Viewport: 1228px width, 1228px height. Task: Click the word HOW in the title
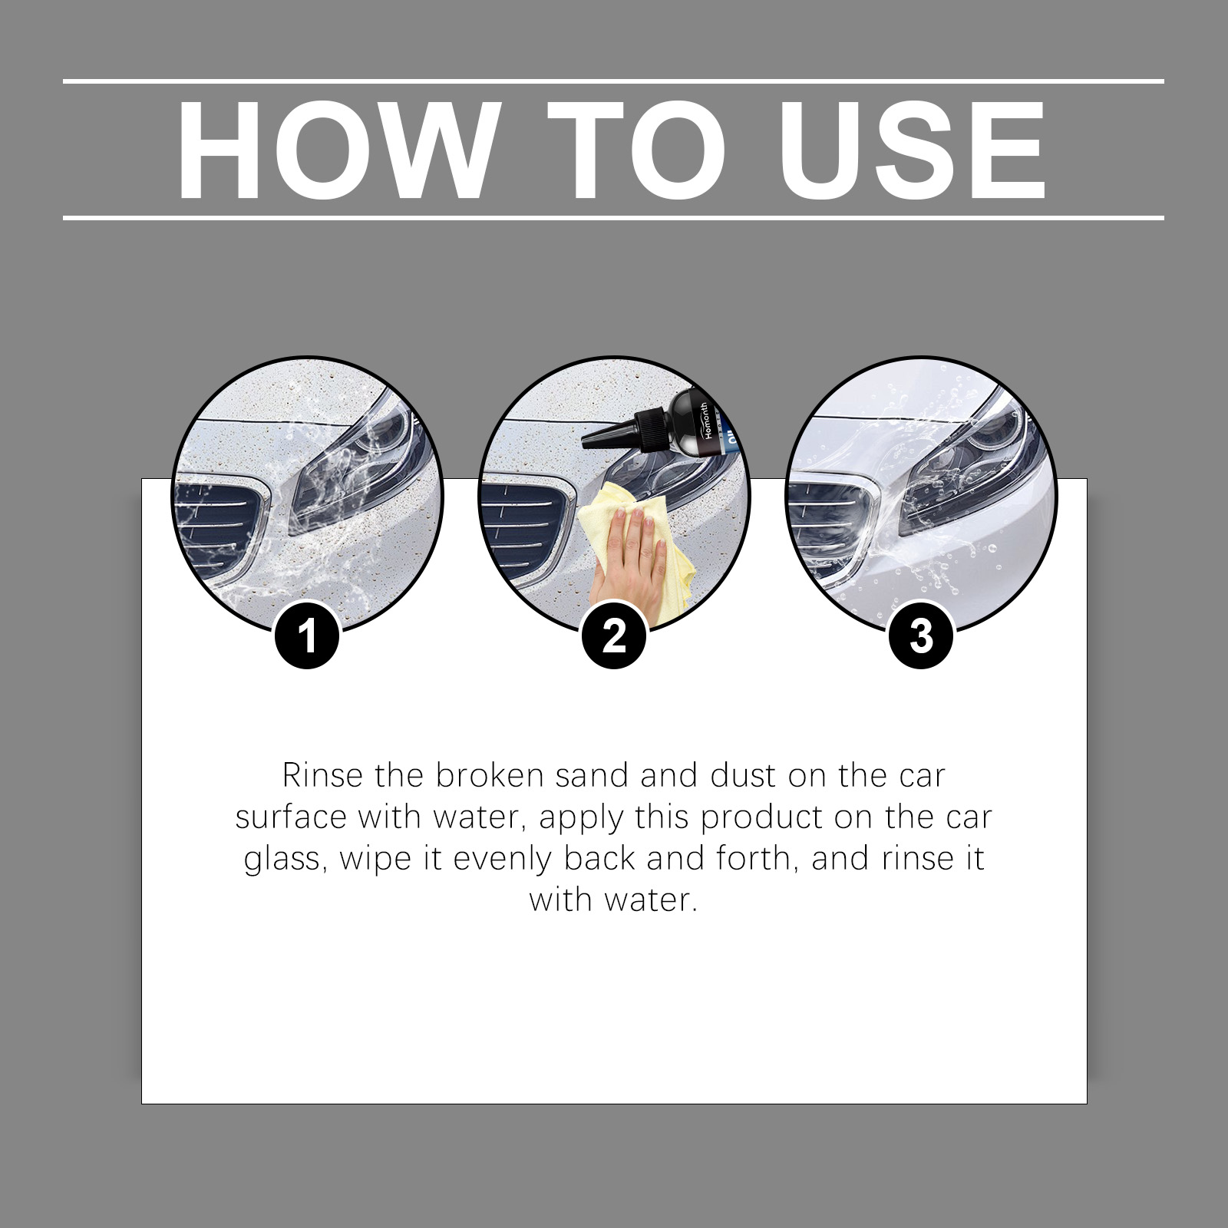335,149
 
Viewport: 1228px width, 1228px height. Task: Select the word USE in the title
913,149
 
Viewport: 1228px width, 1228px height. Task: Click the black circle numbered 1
307,636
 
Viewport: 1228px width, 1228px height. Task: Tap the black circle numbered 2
614,636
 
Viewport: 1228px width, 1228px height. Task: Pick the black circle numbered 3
921,636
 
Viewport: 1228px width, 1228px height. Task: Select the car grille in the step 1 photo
223,530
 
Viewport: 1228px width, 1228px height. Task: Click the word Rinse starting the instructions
322,776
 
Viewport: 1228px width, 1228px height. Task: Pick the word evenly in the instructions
503,860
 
